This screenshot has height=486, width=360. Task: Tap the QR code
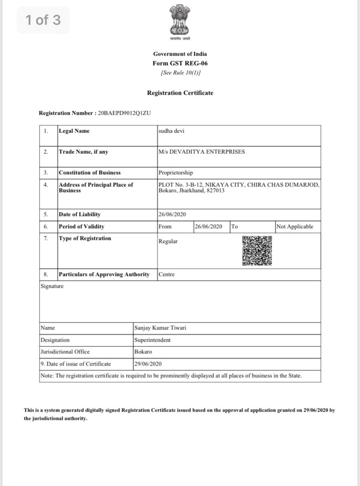pyautogui.click(x=257, y=251)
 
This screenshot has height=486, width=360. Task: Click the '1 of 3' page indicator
pyautogui.click(x=43, y=20)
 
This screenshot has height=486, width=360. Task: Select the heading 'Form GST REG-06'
pyautogui.click(x=180, y=63)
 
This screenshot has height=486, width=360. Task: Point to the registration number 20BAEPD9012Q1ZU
pyautogui.click(x=124, y=113)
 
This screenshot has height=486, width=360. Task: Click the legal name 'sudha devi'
pyautogui.click(x=171, y=131)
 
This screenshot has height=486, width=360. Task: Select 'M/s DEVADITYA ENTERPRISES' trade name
pyautogui.click(x=202, y=152)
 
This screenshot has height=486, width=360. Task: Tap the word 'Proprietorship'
pyautogui.click(x=176, y=173)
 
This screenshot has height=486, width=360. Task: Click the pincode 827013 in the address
pyautogui.click(x=216, y=190)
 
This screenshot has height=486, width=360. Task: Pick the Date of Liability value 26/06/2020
pyautogui.click(x=173, y=214)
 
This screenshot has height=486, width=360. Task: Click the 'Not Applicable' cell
pyautogui.click(x=294, y=226)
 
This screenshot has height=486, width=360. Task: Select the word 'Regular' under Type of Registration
pyautogui.click(x=168, y=241)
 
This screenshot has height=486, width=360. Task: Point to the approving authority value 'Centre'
pyautogui.click(x=167, y=274)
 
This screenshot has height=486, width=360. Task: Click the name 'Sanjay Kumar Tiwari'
pyautogui.click(x=160, y=328)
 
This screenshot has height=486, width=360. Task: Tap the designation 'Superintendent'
pyautogui.click(x=153, y=340)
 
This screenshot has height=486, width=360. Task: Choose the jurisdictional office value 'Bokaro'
pyautogui.click(x=143, y=352)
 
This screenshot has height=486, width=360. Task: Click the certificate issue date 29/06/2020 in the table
pyautogui.click(x=148, y=364)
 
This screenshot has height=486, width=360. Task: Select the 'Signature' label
pyautogui.click(x=52, y=286)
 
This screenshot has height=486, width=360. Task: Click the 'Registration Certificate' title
pyautogui.click(x=180, y=93)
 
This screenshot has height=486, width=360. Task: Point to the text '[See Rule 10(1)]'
pyautogui.click(x=180, y=73)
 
